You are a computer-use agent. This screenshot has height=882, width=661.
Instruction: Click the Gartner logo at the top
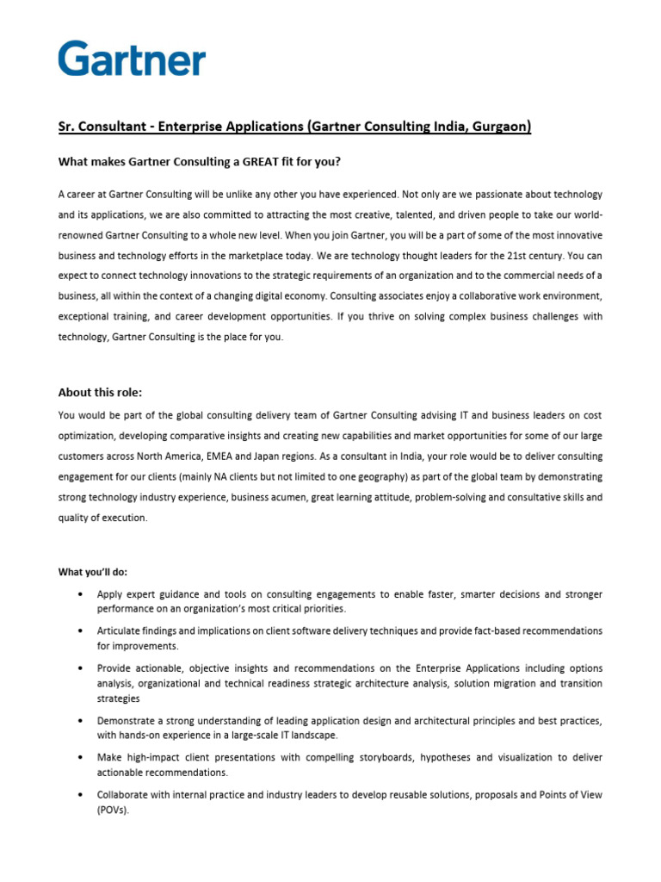[x=132, y=59]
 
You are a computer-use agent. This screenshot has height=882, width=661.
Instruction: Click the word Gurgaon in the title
[x=498, y=127]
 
